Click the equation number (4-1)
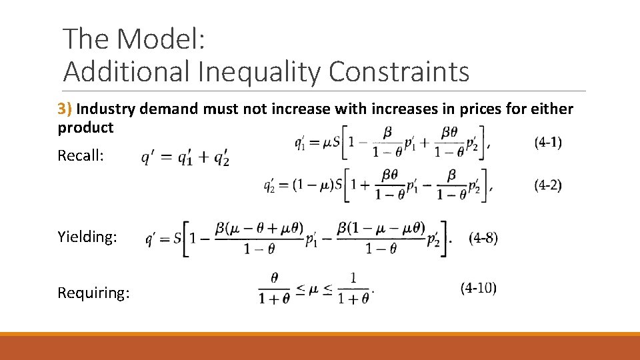pyautogui.click(x=548, y=142)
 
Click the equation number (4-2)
pyautogui.click(x=548, y=185)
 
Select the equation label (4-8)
pyautogui.click(x=483, y=237)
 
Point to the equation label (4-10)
pyautogui.click(x=478, y=288)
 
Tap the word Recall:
pyautogui.click(x=81, y=156)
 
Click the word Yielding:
pyautogui.click(x=86, y=236)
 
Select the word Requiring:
pyautogui.click(x=94, y=293)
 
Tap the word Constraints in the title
pyautogui.click(x=399, y=72)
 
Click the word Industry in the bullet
pyautogui.click(x=112, y=109)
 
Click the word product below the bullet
pyautogui.click(x=85, y=127)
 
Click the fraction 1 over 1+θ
pyautogui.click(x=353, y=288)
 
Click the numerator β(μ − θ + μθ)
pyautogui.click(x=255, y=229)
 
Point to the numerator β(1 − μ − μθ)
pyautogui.click(x=381, y=228)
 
